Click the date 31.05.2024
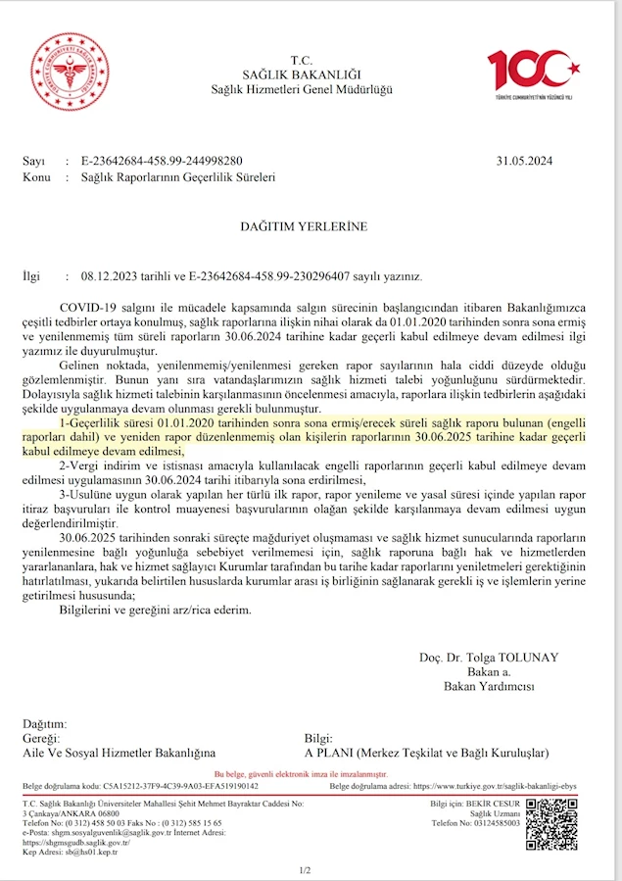tap(526, 161)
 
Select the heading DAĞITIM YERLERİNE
tap(304, 226)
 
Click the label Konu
tap(36, 177)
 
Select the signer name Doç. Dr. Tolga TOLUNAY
tap(476, 658)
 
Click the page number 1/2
tap(304, 870)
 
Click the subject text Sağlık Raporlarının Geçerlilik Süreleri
tap(170, 177)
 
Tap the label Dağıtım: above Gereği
tap(45, 723)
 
